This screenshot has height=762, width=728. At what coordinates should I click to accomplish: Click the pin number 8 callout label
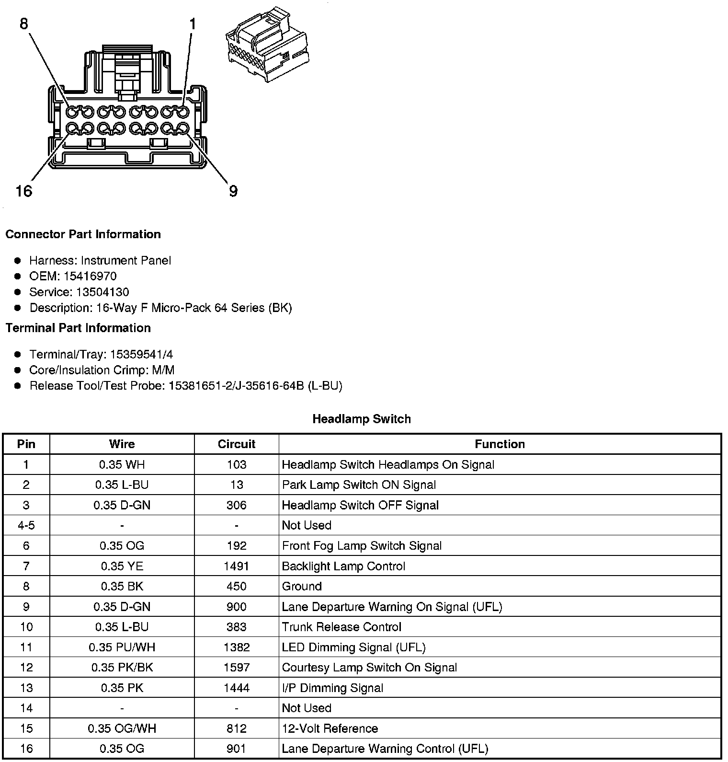click(x=24, y=23)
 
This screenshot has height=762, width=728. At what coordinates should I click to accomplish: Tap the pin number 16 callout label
click(x=23, y=191)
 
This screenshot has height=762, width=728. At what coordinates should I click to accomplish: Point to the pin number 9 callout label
click(x=233, y=191)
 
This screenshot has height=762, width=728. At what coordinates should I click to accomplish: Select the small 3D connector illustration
click(x=266, y=45)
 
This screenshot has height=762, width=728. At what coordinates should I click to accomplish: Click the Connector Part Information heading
click(x=83, y=234)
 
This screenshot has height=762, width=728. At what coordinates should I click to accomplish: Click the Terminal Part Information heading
click(x=78, y=328)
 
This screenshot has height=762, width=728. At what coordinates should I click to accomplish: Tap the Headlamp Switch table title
click(x=362, y=419)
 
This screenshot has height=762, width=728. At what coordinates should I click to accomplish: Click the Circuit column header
click(x=237, y=444)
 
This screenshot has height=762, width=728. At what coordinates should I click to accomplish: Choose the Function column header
click(x=500, y=444)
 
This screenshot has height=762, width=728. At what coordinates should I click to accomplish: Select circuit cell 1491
click(x=237, y=566)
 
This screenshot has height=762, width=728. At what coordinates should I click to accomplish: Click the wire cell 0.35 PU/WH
click(x=122, y=647)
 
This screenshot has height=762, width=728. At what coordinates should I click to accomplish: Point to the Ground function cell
click(x=302, y=587)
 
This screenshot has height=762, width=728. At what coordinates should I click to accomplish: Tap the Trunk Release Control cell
click(x=341, y=627)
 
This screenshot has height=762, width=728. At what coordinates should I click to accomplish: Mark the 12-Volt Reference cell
click(x=330, y=728)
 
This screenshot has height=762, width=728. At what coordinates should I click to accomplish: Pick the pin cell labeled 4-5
click(x=26, y=525)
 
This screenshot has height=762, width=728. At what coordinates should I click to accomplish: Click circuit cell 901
click(x=237, y=749)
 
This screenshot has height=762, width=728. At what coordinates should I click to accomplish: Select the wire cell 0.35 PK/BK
click(x=122, y=668)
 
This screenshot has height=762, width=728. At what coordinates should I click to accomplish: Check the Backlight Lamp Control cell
click(x=343, y=566)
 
